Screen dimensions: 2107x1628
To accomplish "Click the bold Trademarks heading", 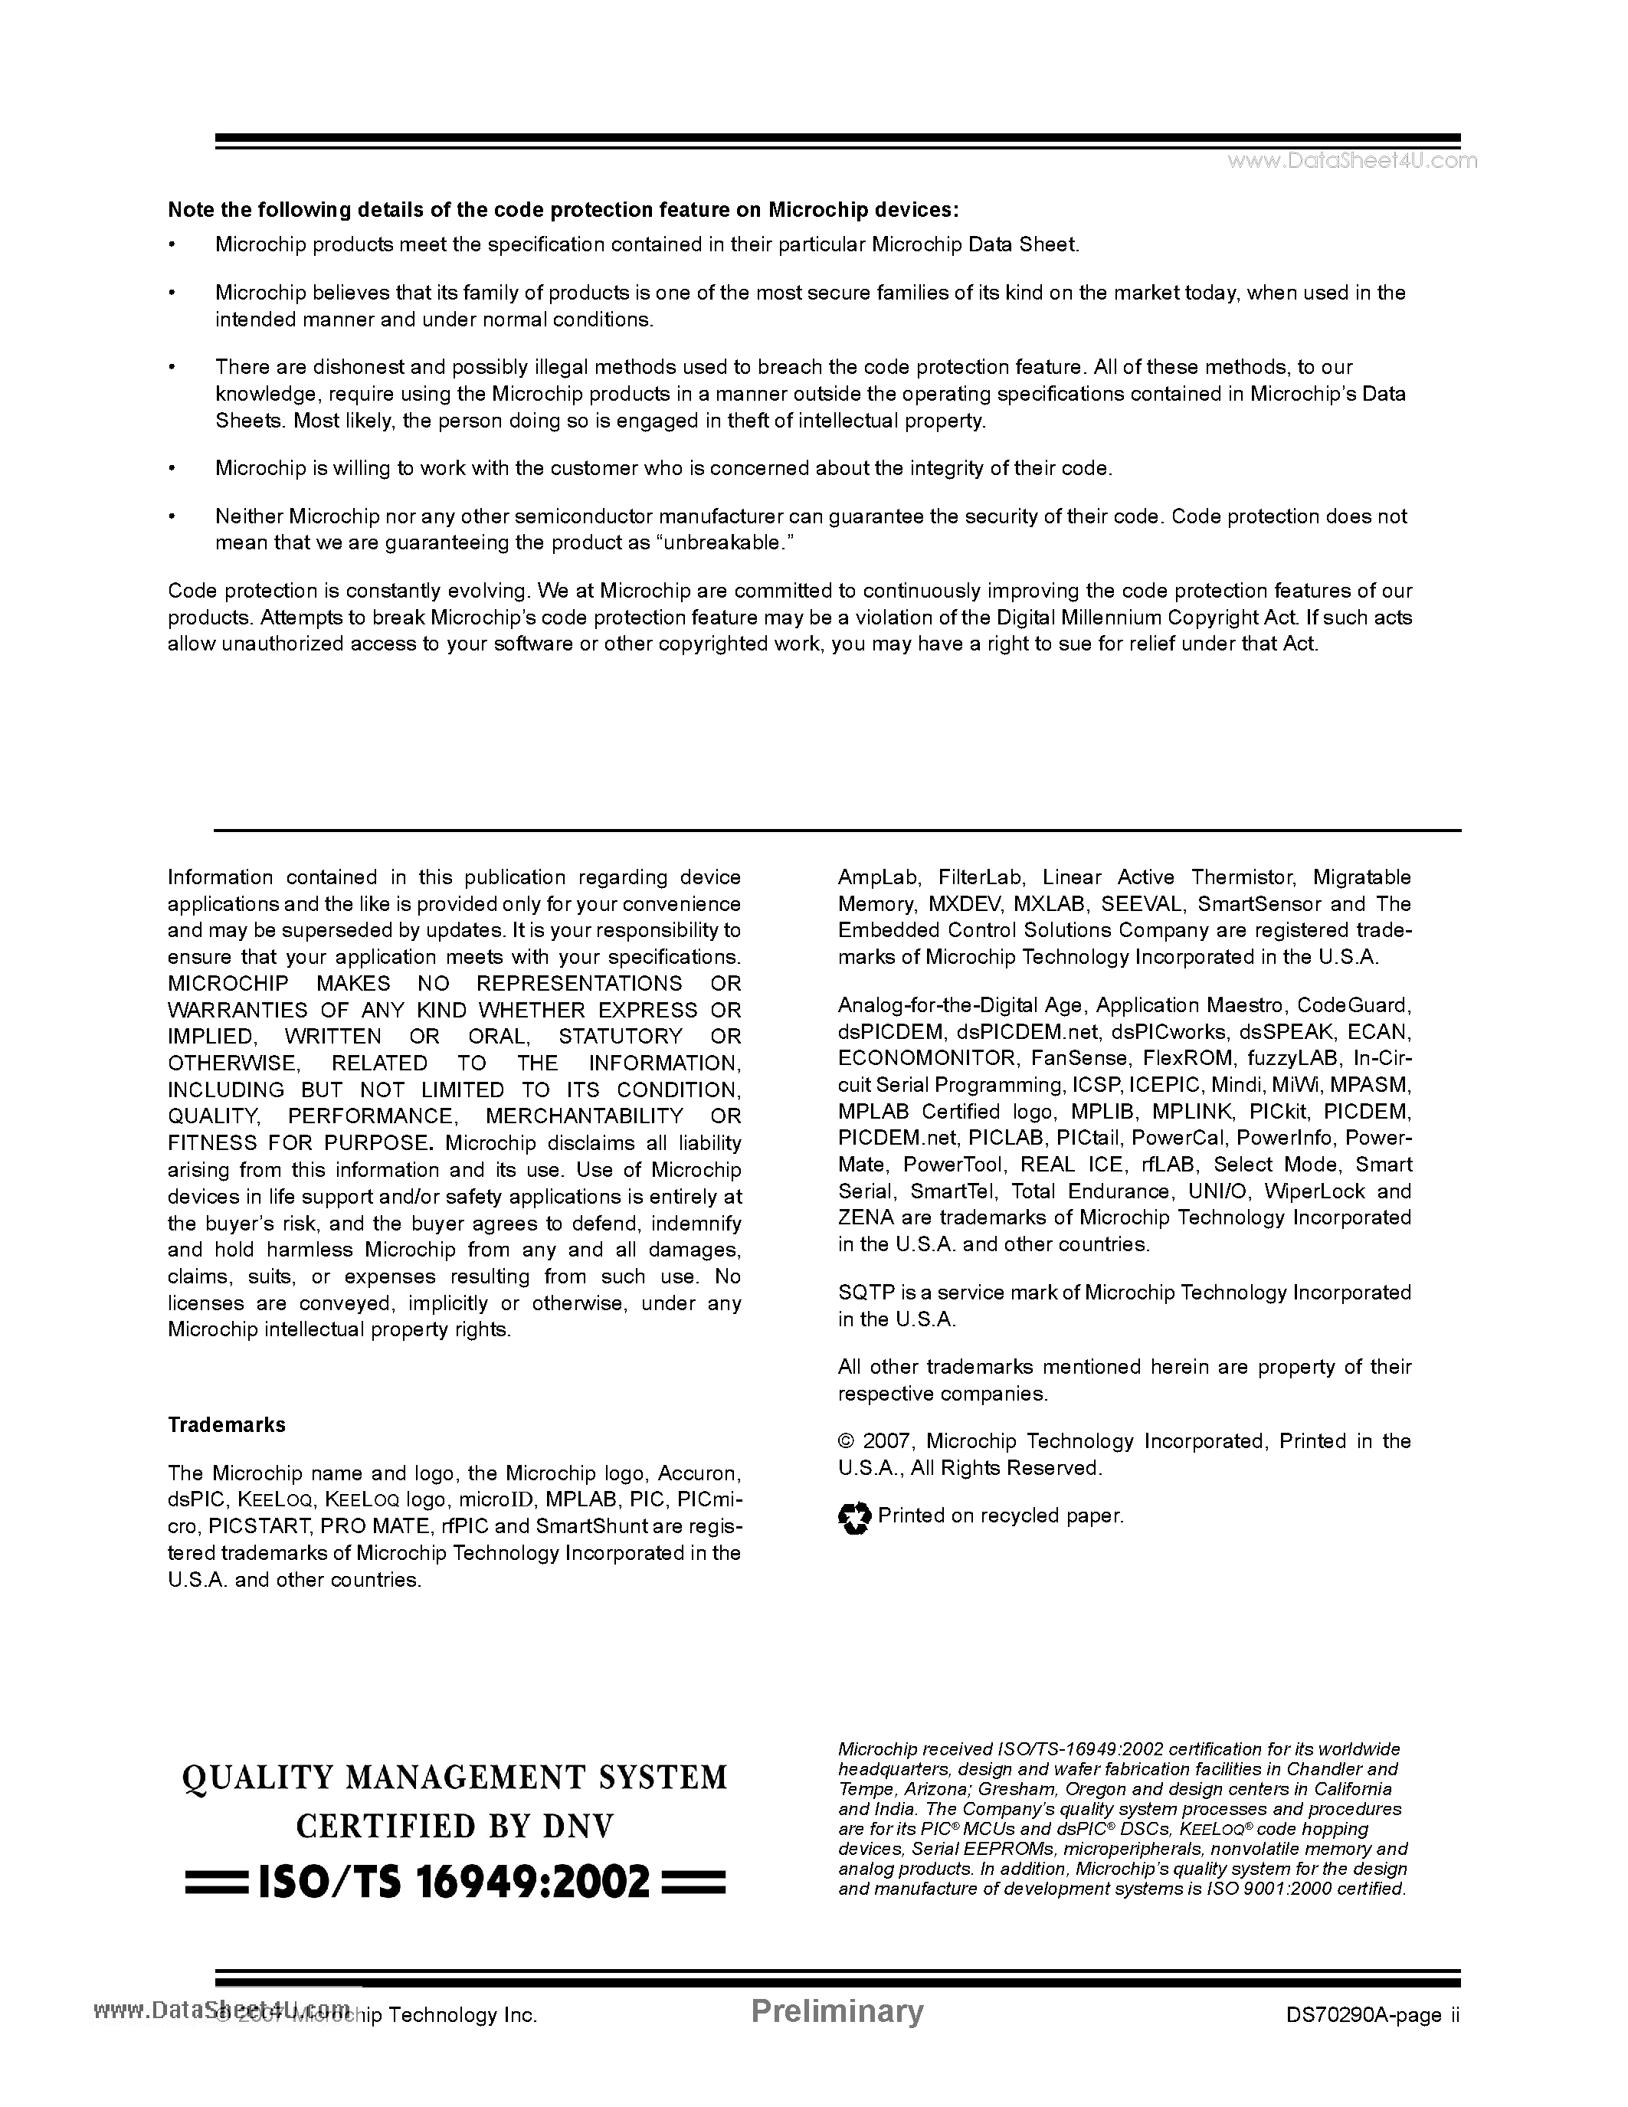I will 227,1425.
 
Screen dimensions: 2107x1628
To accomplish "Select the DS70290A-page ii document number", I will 1372,2015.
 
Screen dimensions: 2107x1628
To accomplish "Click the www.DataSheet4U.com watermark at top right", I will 1351,161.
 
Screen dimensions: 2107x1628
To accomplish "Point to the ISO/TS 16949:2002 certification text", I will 454,1881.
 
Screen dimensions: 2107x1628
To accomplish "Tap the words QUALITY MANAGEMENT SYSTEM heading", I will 454,1777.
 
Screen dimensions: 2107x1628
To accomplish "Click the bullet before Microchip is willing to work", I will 172,469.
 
